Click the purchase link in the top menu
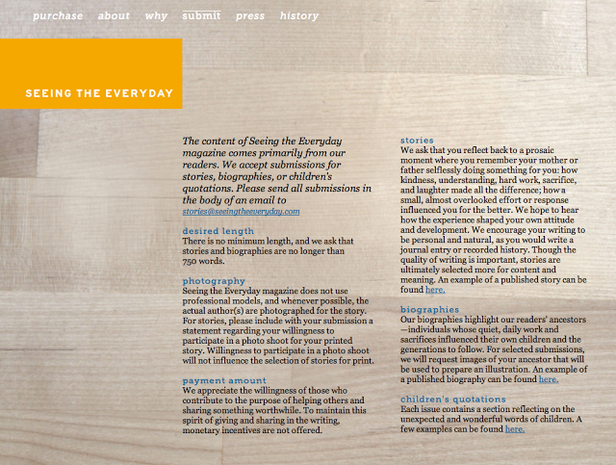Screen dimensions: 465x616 [57, 15]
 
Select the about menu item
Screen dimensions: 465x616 [114, 15]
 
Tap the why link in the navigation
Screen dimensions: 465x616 [156, 15]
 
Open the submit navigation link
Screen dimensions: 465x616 [201, 15]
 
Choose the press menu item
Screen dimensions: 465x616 [250, 15]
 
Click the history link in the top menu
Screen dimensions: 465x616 [299, 15]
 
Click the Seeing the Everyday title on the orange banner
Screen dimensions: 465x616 [99, 94]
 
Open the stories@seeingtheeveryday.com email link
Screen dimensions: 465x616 [241, 211]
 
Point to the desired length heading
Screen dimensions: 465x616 [218, 231]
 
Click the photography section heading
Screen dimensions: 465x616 [214, 280]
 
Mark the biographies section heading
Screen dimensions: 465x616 [429, 309]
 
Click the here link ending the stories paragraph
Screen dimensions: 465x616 [435, 289]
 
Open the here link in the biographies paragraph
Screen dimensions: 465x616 [548, 379]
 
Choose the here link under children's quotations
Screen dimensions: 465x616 [515, 429]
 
